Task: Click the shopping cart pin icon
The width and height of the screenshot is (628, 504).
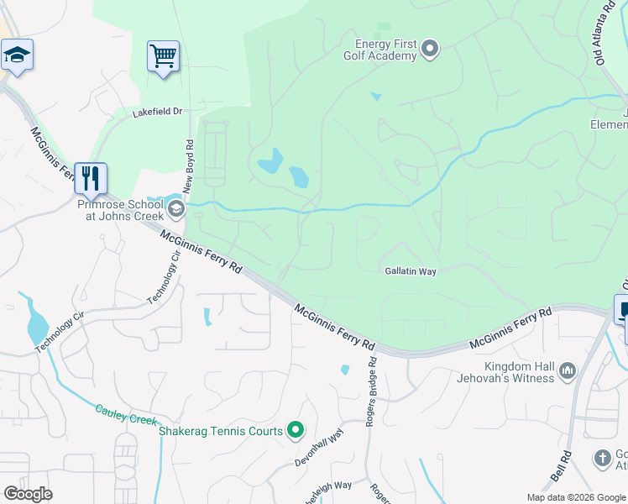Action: [x=163, y=57]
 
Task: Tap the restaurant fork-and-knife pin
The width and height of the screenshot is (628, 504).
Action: [x=91, y=178]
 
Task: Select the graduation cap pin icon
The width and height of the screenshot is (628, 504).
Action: [x=17, y=55]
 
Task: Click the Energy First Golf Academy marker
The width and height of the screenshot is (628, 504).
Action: [x=430, y=50]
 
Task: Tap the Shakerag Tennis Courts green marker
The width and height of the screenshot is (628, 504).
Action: [x=295, y=431]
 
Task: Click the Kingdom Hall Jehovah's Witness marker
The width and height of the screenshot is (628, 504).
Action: [x=567, y=370]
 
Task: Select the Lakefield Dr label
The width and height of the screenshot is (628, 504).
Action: [x=157, y=112]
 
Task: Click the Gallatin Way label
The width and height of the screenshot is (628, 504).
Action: [x=411, y=271]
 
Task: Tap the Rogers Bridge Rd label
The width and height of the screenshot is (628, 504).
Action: [x=371, y=391]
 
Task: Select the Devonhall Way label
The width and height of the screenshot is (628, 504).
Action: [x=320, y=449]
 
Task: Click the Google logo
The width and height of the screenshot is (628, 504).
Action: [x=28, y=494]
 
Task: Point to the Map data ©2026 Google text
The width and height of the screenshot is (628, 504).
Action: [x=576, y=497]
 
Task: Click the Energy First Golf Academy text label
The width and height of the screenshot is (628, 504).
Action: [x=385, y=50]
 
